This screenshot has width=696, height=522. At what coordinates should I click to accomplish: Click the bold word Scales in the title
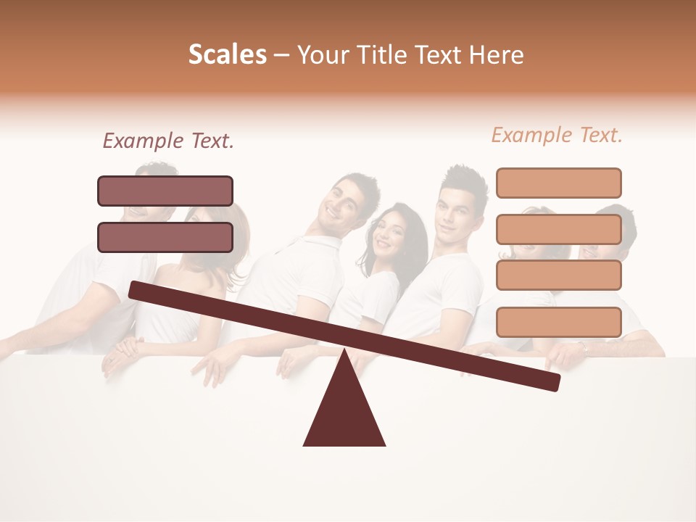point(227,55)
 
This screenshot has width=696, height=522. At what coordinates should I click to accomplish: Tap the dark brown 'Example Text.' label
point(168,141)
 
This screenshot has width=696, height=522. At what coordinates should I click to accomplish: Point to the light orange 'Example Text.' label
point(557,135)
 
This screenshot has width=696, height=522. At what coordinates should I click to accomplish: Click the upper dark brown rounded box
point(165,191)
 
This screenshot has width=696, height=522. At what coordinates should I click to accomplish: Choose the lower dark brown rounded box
point(165,237)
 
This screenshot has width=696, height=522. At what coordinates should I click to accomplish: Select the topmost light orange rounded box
point(558,183)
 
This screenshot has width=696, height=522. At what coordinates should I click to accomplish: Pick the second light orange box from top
point(558,229)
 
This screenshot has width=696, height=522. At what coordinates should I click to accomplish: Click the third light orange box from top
point(558,275)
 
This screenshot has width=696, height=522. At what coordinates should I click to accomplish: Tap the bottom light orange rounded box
point(558,322)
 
